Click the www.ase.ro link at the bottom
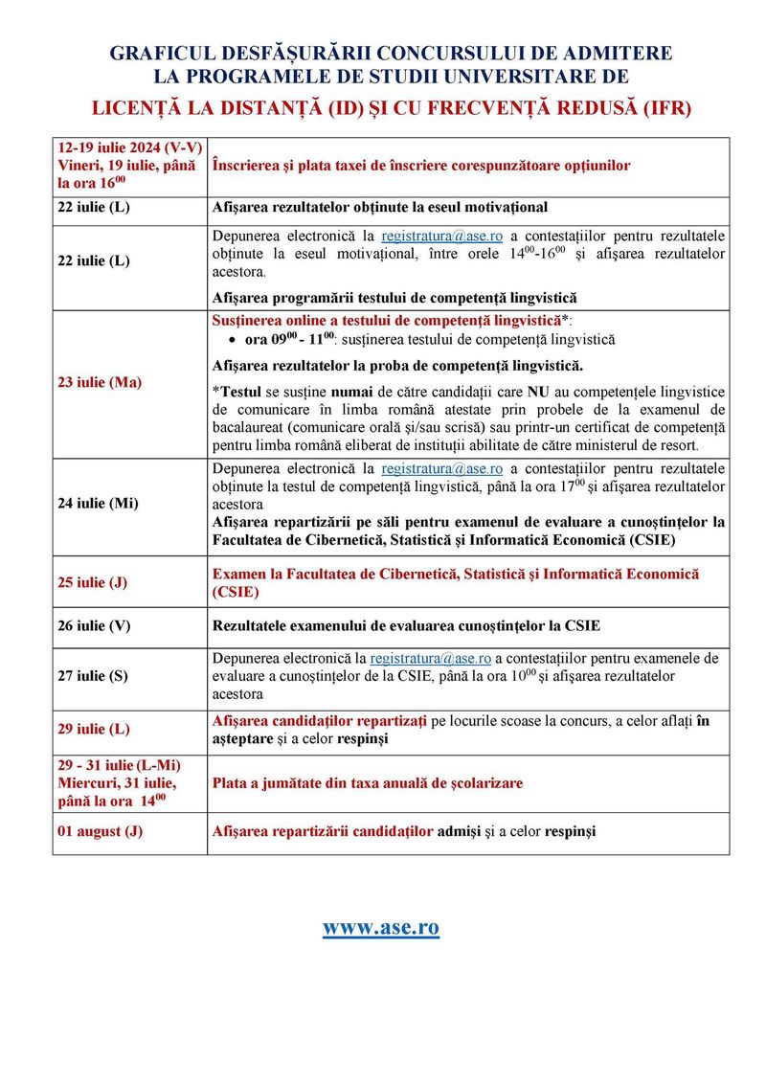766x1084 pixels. pyautogui.click(x=380, y=927)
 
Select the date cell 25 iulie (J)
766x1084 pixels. pyautogui.click(x=93, y=582)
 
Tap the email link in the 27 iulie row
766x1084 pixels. pyautogui.click(x=430, y=659)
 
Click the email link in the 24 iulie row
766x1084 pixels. pyautogui.click(x=441, y=468)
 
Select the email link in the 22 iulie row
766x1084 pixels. pyautogui.click(x=441, y=236)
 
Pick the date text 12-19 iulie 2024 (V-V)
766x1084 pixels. pyautogui.click(x=128, y=148)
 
